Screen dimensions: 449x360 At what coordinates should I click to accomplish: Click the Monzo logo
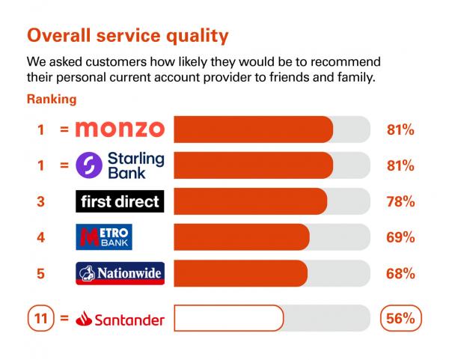coord(120,129)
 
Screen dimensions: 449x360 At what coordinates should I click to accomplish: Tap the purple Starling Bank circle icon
coord(89,165)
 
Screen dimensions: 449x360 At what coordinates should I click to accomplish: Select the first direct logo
coord(120,201)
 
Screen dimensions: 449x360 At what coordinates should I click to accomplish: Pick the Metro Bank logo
coord(104,237)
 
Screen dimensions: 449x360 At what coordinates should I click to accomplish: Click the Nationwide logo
coord(120,273)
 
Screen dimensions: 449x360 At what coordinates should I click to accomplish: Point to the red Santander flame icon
coord(84,319)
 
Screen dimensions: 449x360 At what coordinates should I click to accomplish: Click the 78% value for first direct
coord(400,201)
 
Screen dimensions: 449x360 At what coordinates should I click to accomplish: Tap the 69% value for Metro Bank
coord(400,237)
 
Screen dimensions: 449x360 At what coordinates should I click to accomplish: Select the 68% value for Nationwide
coord(400,273)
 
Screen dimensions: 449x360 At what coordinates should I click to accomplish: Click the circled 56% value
coord(401,318)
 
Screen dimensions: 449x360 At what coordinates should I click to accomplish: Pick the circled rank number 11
coord(40,318)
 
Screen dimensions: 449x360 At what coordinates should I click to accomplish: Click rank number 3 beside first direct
coord(40,201)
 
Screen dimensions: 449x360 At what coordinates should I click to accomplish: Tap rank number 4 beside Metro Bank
coord(40,237)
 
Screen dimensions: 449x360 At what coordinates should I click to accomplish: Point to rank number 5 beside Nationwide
coord(40,273)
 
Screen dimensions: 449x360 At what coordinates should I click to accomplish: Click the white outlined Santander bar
coord(229,318)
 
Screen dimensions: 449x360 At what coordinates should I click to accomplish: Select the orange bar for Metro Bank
coord(242,237)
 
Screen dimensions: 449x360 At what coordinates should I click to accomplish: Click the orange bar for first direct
coord(250,201)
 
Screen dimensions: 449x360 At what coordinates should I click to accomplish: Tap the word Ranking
coord(52,100)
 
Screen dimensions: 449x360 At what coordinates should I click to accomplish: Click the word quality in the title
coord(198,36)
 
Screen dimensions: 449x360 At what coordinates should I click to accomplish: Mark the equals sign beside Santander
coord(64,318)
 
